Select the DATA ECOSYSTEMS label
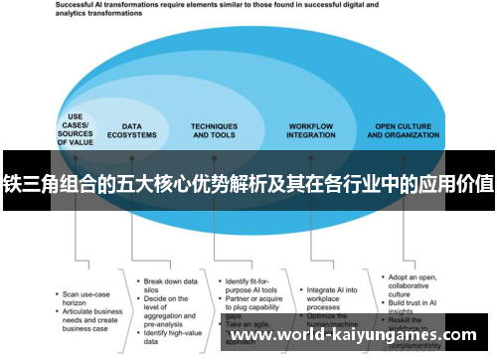[x=138, y=131]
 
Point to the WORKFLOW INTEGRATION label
[x=311, y=131]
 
